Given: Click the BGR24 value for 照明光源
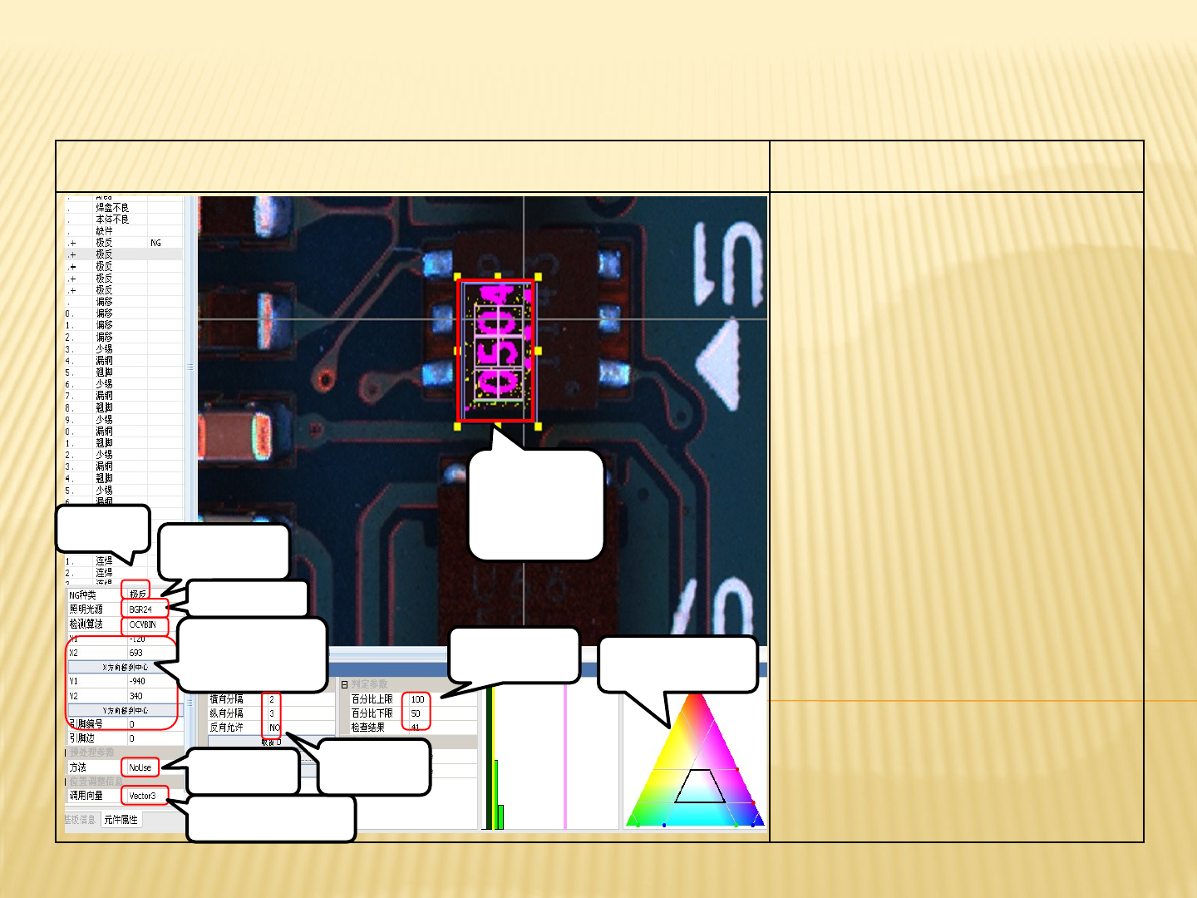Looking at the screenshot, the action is coord(140,609).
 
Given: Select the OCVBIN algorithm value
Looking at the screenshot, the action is coord(142,624).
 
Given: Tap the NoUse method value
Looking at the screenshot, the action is coord(140,767).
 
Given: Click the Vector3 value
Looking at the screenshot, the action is coord(142,796).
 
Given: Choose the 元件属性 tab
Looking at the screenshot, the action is coord(121,820).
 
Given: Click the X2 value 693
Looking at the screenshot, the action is coord(136,653).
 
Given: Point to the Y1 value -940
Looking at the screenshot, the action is coord(137,681).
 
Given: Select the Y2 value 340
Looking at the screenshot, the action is coord(136,696).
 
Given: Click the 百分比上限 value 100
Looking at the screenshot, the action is coord(417,699).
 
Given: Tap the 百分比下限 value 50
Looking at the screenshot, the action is coord(416,713).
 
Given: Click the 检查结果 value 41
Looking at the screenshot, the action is coord(416,728).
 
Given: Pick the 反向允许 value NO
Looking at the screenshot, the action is coord(274,728).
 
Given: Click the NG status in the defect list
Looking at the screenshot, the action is coord(155,243).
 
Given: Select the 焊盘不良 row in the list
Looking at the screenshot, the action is coord(112,208).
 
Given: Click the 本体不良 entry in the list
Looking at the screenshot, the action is coord(112,220).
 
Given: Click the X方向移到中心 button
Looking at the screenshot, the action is coord(125,667).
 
